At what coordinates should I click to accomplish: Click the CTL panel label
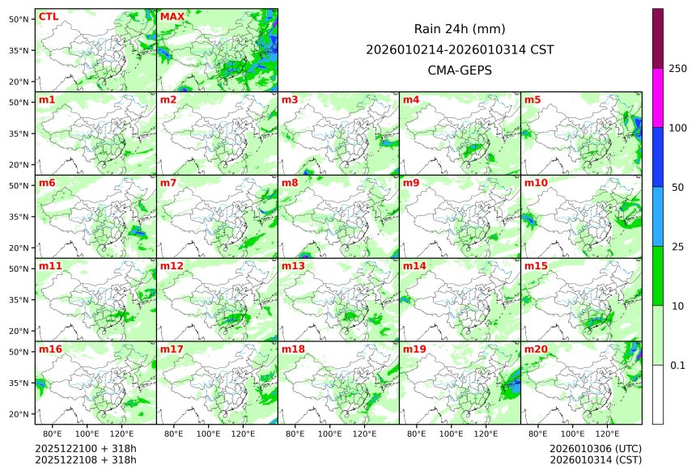click(x=49, y=17)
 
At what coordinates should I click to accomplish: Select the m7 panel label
click(x=168, y=183)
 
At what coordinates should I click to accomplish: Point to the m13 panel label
click(x=293, y=266)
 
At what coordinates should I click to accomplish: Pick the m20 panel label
click(x=536, y=349)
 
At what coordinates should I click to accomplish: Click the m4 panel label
click(x=411, y=100)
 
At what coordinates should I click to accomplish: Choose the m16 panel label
click(x=50, y=349)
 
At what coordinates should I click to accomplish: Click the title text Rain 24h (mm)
click(x=460, y=28)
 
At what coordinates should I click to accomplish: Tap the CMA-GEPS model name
click(x=460, y=70)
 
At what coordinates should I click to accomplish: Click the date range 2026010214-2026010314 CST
click(x=460, y=49)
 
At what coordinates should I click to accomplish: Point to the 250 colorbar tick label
click(x=677, y=68)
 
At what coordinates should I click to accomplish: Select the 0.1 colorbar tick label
click(x=677, y=365)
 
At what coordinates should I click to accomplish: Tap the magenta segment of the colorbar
click(x=658, y=97)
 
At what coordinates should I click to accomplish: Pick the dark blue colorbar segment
click(x=658, y=157)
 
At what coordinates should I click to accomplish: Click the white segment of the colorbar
click(x=658, y=394)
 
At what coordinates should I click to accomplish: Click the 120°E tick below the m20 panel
click(x=608, y=434)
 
